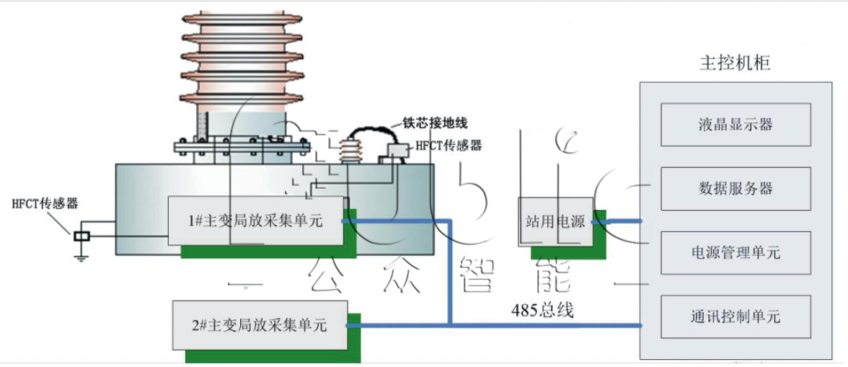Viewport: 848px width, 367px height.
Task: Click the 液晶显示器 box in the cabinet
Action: [736, 124]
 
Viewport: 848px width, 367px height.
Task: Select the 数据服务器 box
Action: [736, 188]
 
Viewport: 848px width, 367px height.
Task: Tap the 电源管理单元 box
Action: [736, 252]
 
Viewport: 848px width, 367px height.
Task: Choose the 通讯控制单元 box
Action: [736, 317]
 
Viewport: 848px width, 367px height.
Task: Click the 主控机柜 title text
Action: [736, 63]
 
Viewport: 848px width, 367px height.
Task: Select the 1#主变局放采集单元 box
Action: [257, 221]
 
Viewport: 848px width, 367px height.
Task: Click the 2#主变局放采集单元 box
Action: [260, 325]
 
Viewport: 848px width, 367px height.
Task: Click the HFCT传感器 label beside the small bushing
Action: [448, 146]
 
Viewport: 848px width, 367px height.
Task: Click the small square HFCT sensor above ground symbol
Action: [81, 236]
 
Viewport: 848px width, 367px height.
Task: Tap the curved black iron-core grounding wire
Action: [368, 131]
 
